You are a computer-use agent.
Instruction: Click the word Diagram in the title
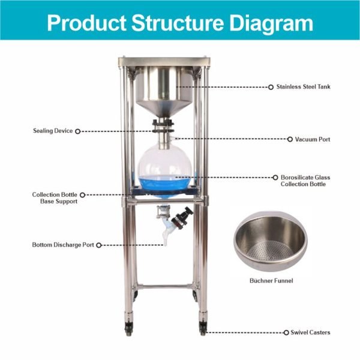pyautogui.click(x=272, y=23)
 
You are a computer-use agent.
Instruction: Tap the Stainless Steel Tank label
pyautogui.click(x=303, y=87)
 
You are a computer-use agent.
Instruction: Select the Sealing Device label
pyautogui.click(x=53, y=131)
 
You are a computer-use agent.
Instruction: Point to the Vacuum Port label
pyautogui.click(x=313, y=139)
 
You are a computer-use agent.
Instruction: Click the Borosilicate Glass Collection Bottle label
pyautogui.click(x=305, y=181)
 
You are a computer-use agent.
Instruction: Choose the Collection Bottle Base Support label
pyautogui.click(x=55, y=198)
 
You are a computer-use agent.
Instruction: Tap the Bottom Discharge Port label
pyautogui.click(x=63, y=245)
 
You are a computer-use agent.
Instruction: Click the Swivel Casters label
pyautogui.click(x=310, y=332)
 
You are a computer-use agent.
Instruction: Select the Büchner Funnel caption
pyautogui.click(x=271, y=281)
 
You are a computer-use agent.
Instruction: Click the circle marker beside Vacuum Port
pyautogui.click(x=290, y=139)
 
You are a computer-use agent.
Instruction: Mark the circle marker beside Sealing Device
pyautogui.click(x=78, y=131)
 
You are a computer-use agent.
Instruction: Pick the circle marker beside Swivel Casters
pyautogui.click(x=286, y=332)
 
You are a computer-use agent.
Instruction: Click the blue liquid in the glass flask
pyautogui.click(x=164, y=185)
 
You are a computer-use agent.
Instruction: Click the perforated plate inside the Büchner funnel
pyautogui.click(x=271, y=251)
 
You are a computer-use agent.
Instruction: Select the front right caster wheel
pyautogui.click(x=203, y=329)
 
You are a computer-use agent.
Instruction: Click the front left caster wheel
pyautogui.click(x=128, y=329)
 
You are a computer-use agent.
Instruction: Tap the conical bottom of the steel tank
pyautogui.click(x=164, y=109)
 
